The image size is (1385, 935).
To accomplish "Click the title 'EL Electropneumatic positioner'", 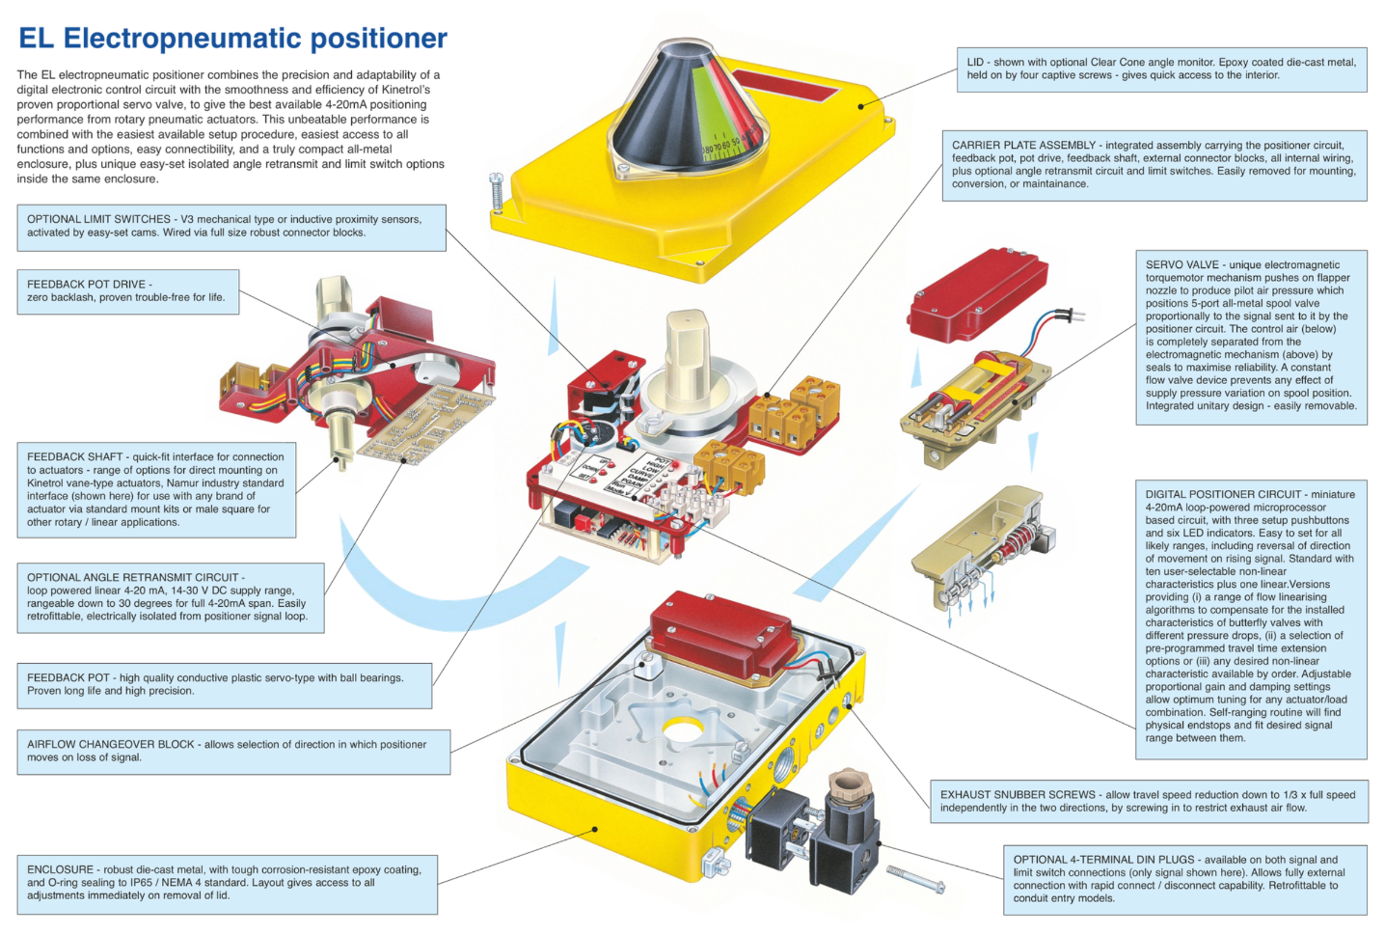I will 232,39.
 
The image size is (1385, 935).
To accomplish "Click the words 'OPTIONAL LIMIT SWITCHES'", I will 98,219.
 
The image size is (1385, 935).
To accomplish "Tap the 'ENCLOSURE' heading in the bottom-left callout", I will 60,869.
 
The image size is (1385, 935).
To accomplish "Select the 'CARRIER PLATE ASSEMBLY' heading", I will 1023,146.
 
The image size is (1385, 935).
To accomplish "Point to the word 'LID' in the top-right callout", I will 975,62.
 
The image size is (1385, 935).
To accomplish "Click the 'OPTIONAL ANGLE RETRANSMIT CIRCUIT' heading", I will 133,577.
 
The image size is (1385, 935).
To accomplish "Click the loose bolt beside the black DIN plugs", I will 915,879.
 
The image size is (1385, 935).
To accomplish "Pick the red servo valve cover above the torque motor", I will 977,293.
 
